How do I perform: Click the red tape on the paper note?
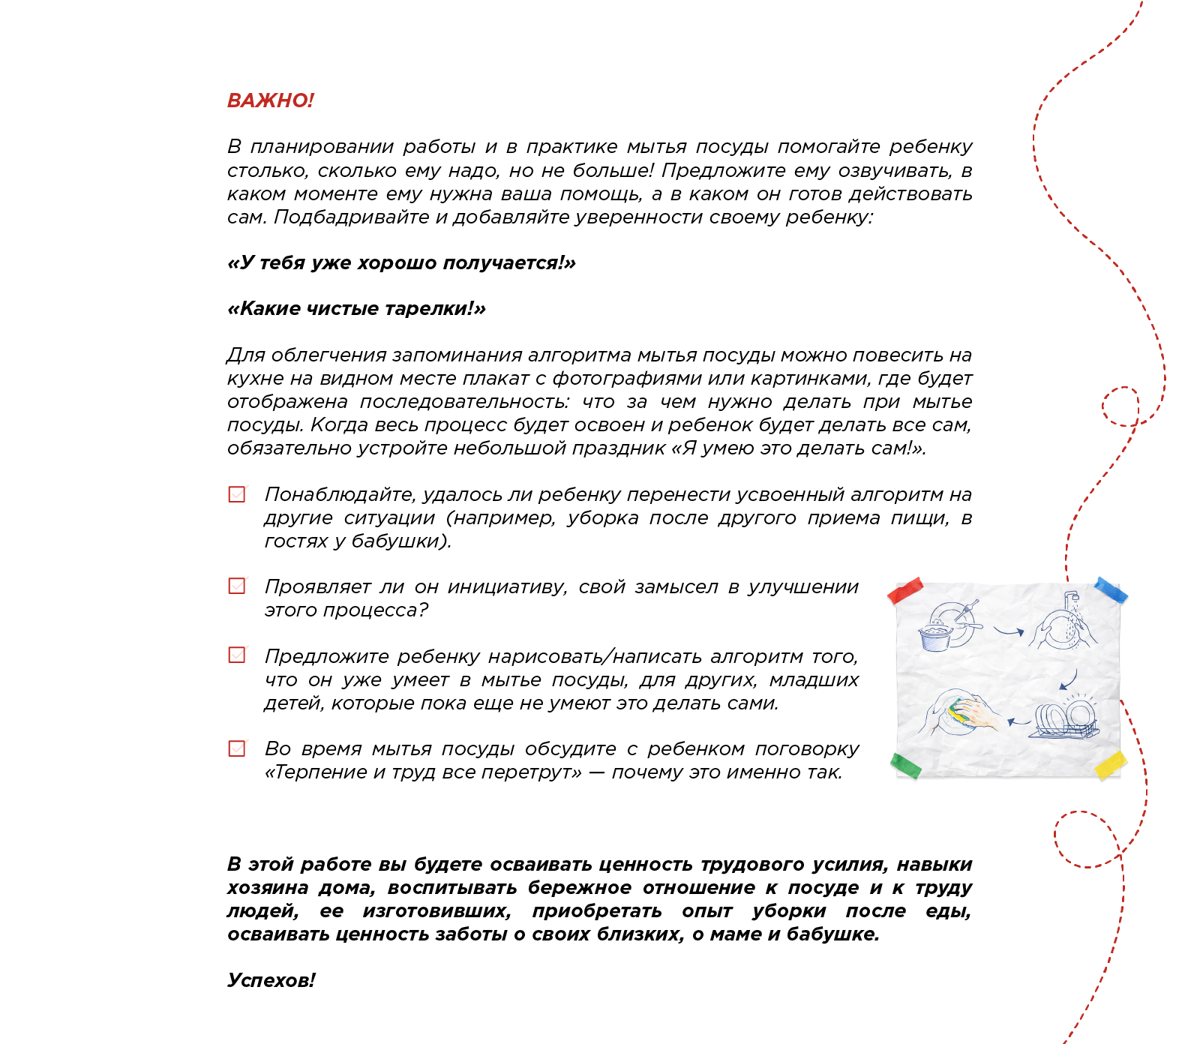point(905,590)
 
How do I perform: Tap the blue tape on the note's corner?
point(1111,589)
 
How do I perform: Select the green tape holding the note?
point(905,766)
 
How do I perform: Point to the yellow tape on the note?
point(1111,766)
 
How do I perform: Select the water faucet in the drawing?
point(1070,599)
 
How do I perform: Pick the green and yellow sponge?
point(958,712)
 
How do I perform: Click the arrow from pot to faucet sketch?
point(1009,631)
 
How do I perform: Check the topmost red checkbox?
point(237,495)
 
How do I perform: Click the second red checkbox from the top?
point(237,589)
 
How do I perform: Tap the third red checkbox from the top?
point(237,658)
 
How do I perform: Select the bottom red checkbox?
point(237,754)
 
